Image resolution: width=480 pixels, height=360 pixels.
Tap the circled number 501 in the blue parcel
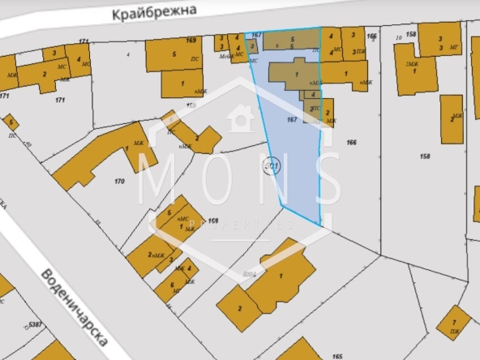click(272, 166)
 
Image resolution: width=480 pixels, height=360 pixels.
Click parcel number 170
click(119, 181)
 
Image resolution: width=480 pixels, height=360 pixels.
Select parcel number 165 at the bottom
click(337, 355)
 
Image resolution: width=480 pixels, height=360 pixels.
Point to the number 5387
click(35, 324)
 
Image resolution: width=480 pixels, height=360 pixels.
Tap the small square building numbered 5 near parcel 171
click(10, 122)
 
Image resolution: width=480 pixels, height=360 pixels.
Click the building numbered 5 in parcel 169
click(174, 54)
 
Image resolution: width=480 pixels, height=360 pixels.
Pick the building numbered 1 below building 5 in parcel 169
click(182, 84)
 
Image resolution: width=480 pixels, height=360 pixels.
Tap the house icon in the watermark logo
click(240, 119)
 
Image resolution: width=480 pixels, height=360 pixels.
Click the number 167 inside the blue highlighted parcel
click(293, 120)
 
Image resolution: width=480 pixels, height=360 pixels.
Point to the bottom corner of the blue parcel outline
click(319, 223)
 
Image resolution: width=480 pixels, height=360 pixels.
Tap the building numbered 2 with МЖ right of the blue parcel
click(327, 114)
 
